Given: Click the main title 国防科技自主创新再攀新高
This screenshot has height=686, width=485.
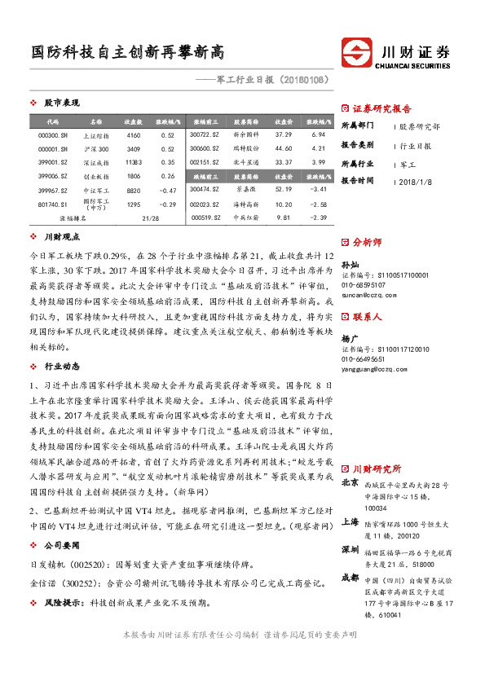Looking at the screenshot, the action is [x=128, y=53].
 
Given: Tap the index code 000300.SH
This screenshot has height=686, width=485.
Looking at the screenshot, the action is [x=53, y=134].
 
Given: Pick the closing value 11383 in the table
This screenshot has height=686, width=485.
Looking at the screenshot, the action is [x=134, y=162].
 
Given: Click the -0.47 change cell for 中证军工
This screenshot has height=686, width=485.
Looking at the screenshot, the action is [x=168, y=190].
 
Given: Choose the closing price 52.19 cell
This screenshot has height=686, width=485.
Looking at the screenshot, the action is [x=283, y=189].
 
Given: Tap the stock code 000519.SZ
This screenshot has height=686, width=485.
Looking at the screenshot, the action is [x=204, y=218].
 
